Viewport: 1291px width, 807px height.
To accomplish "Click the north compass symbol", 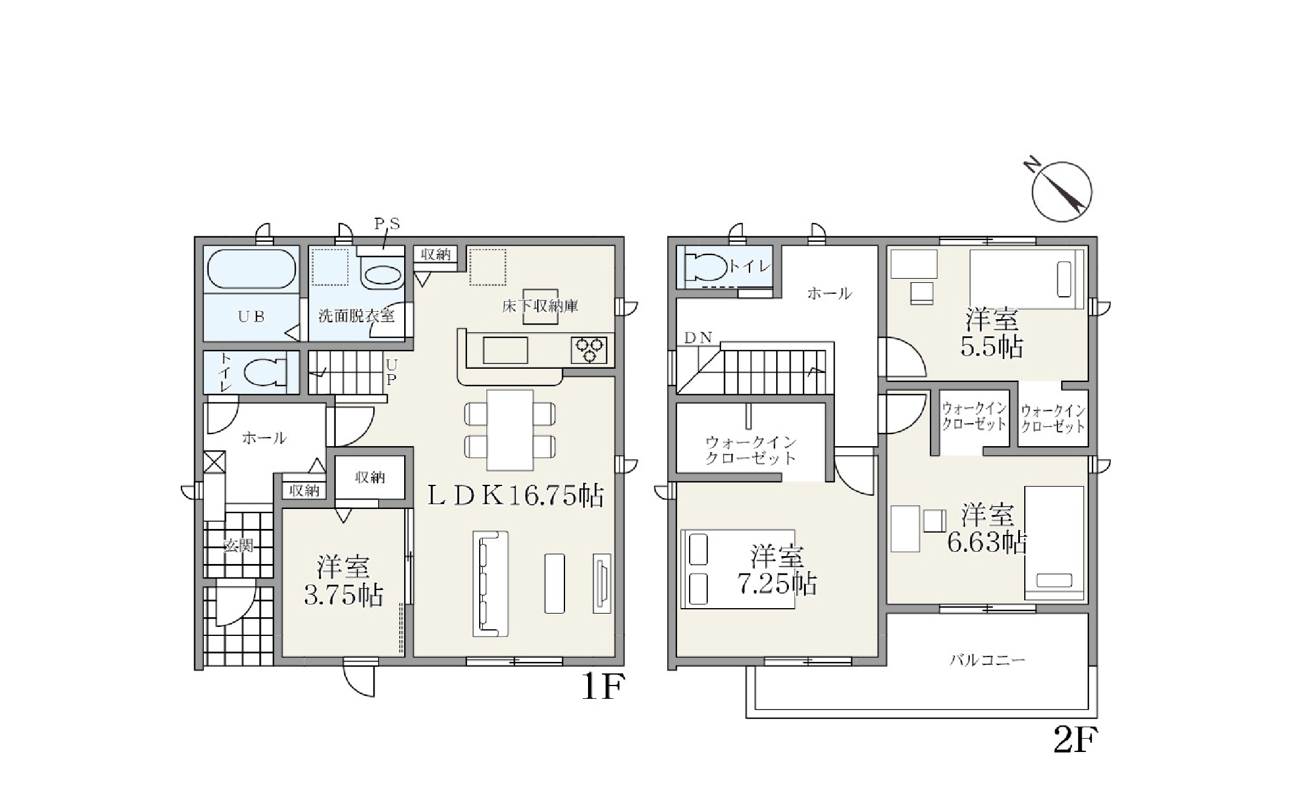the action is pyautogui.click(x=1061, y=190).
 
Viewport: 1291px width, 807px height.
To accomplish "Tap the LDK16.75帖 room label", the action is pyautogui.click(x=516, y=496).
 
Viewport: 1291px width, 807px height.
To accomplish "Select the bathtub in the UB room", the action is pyautogui.click(x=251, y=270).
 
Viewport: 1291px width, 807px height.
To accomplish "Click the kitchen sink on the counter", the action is pyautogui.click(x=505, y=351).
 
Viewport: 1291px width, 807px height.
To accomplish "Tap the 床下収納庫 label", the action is pyautogui.click(x=540, y=306).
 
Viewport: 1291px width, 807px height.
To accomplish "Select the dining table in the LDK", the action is pyautogui.click(x=510, y=430).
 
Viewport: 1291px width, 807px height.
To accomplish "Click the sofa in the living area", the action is pyautogui.click(x=490, y=583).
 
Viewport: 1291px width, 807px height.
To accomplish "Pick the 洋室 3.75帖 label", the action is pyautogui.click(x=343, y=580).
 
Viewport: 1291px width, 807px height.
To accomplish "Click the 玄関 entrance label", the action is pyautogui.click(x=238, y=545).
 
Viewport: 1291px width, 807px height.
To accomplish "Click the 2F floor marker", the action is pyautogui.click(x=1075, y=739).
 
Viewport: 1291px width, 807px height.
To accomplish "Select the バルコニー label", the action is pyautogui.click(x=987, y=660).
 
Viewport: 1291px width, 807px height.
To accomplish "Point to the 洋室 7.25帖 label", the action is pyautogui.click(x=777, y=569).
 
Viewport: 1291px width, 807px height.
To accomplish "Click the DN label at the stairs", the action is pyautogui.click(x=698, y=338).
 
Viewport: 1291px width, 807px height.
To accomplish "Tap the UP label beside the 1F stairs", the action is pyautogui.click(x=391, y=372).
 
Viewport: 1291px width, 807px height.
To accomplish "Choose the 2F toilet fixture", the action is pyautogui.click(x=706, y=267).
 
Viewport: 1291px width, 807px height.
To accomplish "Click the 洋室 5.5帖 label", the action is pyautogui.click(x=992, y=332).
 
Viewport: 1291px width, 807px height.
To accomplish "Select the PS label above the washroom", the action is pyautogui.click(x=387, y=224).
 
